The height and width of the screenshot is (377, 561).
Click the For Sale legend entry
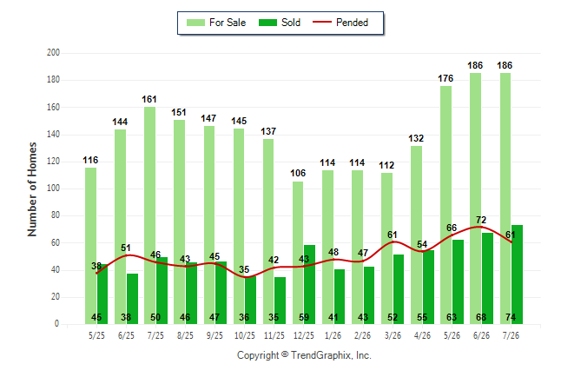[x=216, y=23]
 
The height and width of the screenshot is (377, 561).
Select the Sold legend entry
[x=280, y=23]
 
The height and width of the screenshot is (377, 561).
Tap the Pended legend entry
[x=340, y=23]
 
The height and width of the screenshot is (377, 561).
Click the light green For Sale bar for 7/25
[x=150, y=215]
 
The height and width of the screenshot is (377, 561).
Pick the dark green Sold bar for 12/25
[x=309, y=285]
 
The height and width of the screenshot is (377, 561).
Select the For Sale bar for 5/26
[x=445, y=205]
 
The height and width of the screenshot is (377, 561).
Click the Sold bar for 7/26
[x=517, y=274]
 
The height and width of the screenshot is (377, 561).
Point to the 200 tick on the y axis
[x=53, y=53]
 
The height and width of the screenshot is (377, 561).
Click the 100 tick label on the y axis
[x=53, y=188]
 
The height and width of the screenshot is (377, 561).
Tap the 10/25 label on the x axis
[x=245, y=335]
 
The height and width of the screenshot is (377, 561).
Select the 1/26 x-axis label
[x=333, y=335]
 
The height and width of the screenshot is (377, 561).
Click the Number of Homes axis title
[x=32, y=189]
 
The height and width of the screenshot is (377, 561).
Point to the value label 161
[x=149, y=99]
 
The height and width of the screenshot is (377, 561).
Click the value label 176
[x=445, y=78]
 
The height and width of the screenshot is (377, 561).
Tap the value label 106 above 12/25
[x=298, y=173]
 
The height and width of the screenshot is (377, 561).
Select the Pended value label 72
[x=481, y=220]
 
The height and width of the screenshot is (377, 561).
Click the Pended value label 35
[x=244, y=269]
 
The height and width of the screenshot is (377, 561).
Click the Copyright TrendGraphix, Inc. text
[x=304, y=355]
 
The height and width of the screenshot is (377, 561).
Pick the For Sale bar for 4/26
[x=417, y=235]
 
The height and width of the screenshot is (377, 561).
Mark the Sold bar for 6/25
[x=132, y=299]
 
